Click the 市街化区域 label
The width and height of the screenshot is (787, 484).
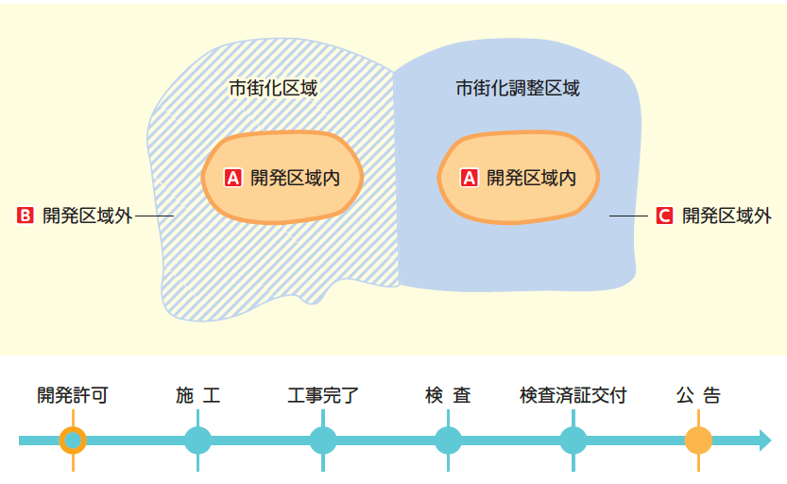coord(273,89)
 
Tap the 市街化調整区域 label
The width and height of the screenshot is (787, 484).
coord(517,89)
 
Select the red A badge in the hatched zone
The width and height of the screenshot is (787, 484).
coord(233,177)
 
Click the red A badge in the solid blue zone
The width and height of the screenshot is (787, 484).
coord(469,177)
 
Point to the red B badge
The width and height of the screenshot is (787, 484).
coord(26,216)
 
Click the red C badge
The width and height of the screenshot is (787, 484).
coord(665,216)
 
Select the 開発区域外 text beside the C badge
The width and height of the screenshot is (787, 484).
coord(727,216)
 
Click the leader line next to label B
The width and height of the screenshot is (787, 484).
coord(155,216)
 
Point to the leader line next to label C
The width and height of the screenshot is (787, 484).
coord(628,216)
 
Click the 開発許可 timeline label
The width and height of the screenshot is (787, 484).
coord(73,395)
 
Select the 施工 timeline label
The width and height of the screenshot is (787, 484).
coord(198,395)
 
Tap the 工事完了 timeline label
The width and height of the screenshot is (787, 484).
coord(323,395)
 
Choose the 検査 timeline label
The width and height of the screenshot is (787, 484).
coord(448,395)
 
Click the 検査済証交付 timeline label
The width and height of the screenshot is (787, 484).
coord(573,395)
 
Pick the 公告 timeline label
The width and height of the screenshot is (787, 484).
coord(698,395)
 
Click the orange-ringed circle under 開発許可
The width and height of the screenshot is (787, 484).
coord(73,440)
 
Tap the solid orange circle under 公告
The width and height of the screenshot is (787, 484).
coord(698,440)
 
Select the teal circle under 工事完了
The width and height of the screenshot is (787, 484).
coord(323,440)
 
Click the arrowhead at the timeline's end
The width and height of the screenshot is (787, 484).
coord(763,440)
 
